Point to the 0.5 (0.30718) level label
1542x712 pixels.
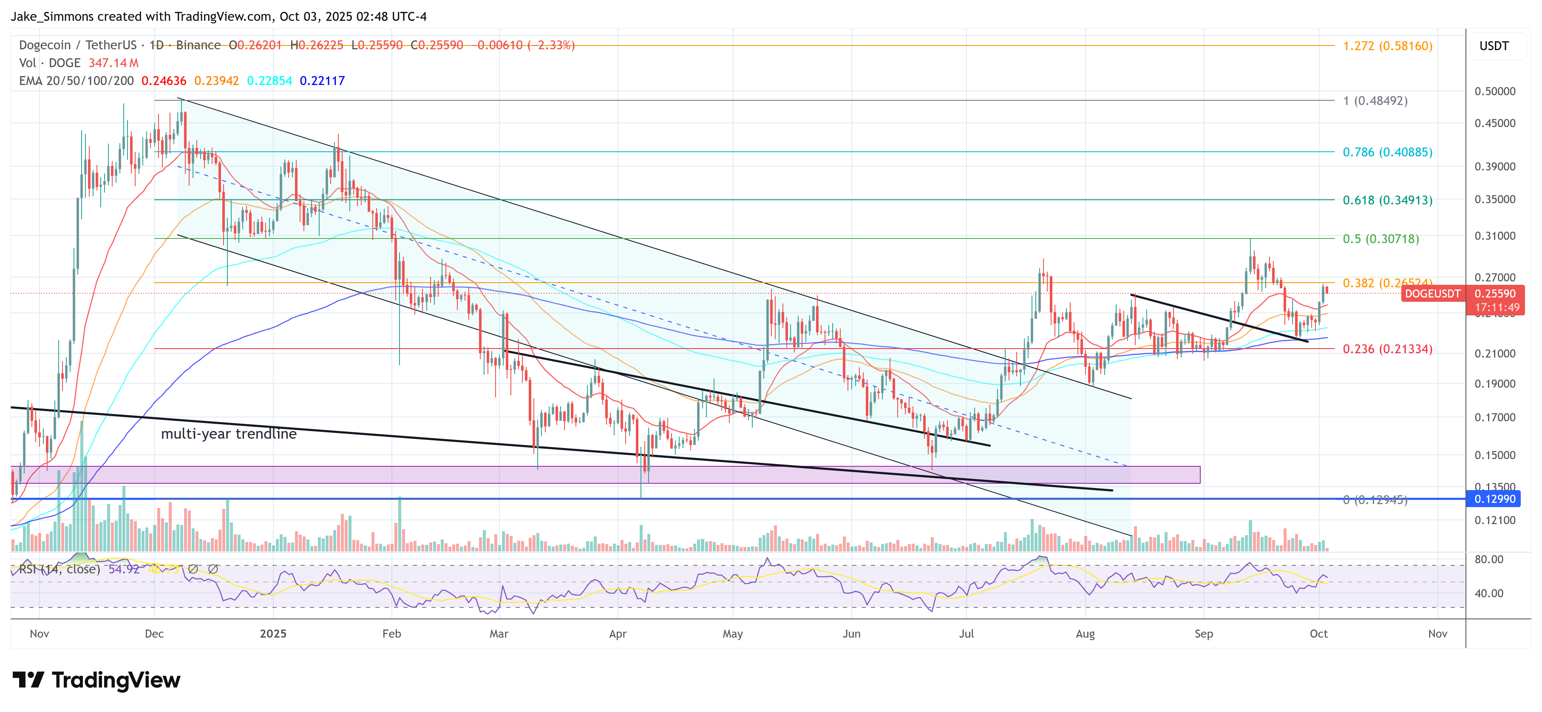[x=1380, y=239]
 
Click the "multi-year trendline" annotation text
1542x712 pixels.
[x=229, y=434]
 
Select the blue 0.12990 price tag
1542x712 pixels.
[x=1495, y=499]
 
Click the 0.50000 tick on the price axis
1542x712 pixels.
[x=1495, y=91]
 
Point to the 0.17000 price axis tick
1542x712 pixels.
[x=1495, y=417]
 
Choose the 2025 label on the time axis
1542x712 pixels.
[x=273, y=633]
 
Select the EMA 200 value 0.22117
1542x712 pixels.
[x=322, y=81]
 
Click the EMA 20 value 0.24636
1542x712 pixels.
[x=163, y=81]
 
